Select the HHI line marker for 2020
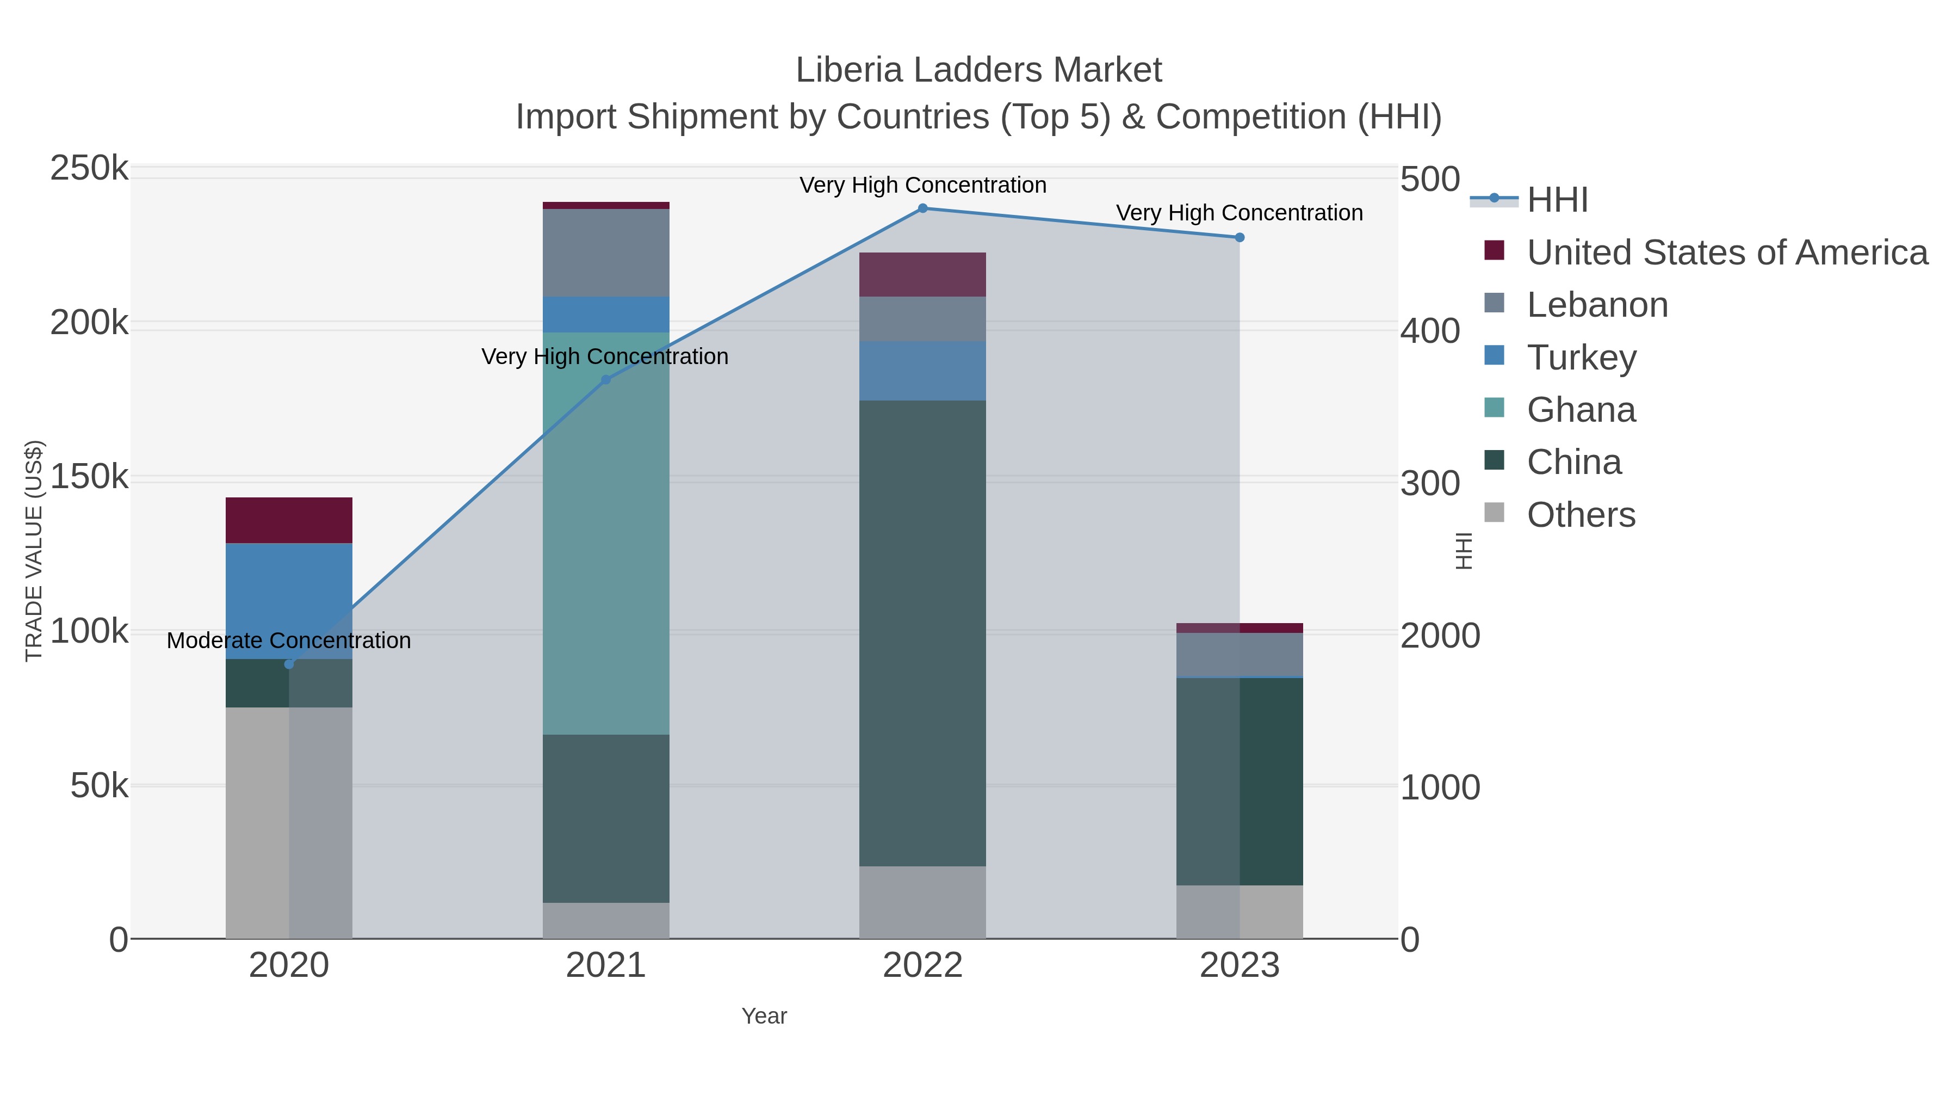[x=289, y=664]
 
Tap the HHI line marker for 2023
[x=1239, y=238]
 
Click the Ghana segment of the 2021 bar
[x=606, y=532]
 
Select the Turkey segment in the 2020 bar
[x=289, y=601]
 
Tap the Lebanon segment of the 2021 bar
[x=606, y=253]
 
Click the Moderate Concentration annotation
[x=289, y=641]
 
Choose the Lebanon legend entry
[x=1596, y=305]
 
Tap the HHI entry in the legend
[x=1557, y=200]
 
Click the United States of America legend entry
[x=1725, y=253]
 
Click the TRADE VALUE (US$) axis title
[x=34, y=551]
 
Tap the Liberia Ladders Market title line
[x=978, y=70]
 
